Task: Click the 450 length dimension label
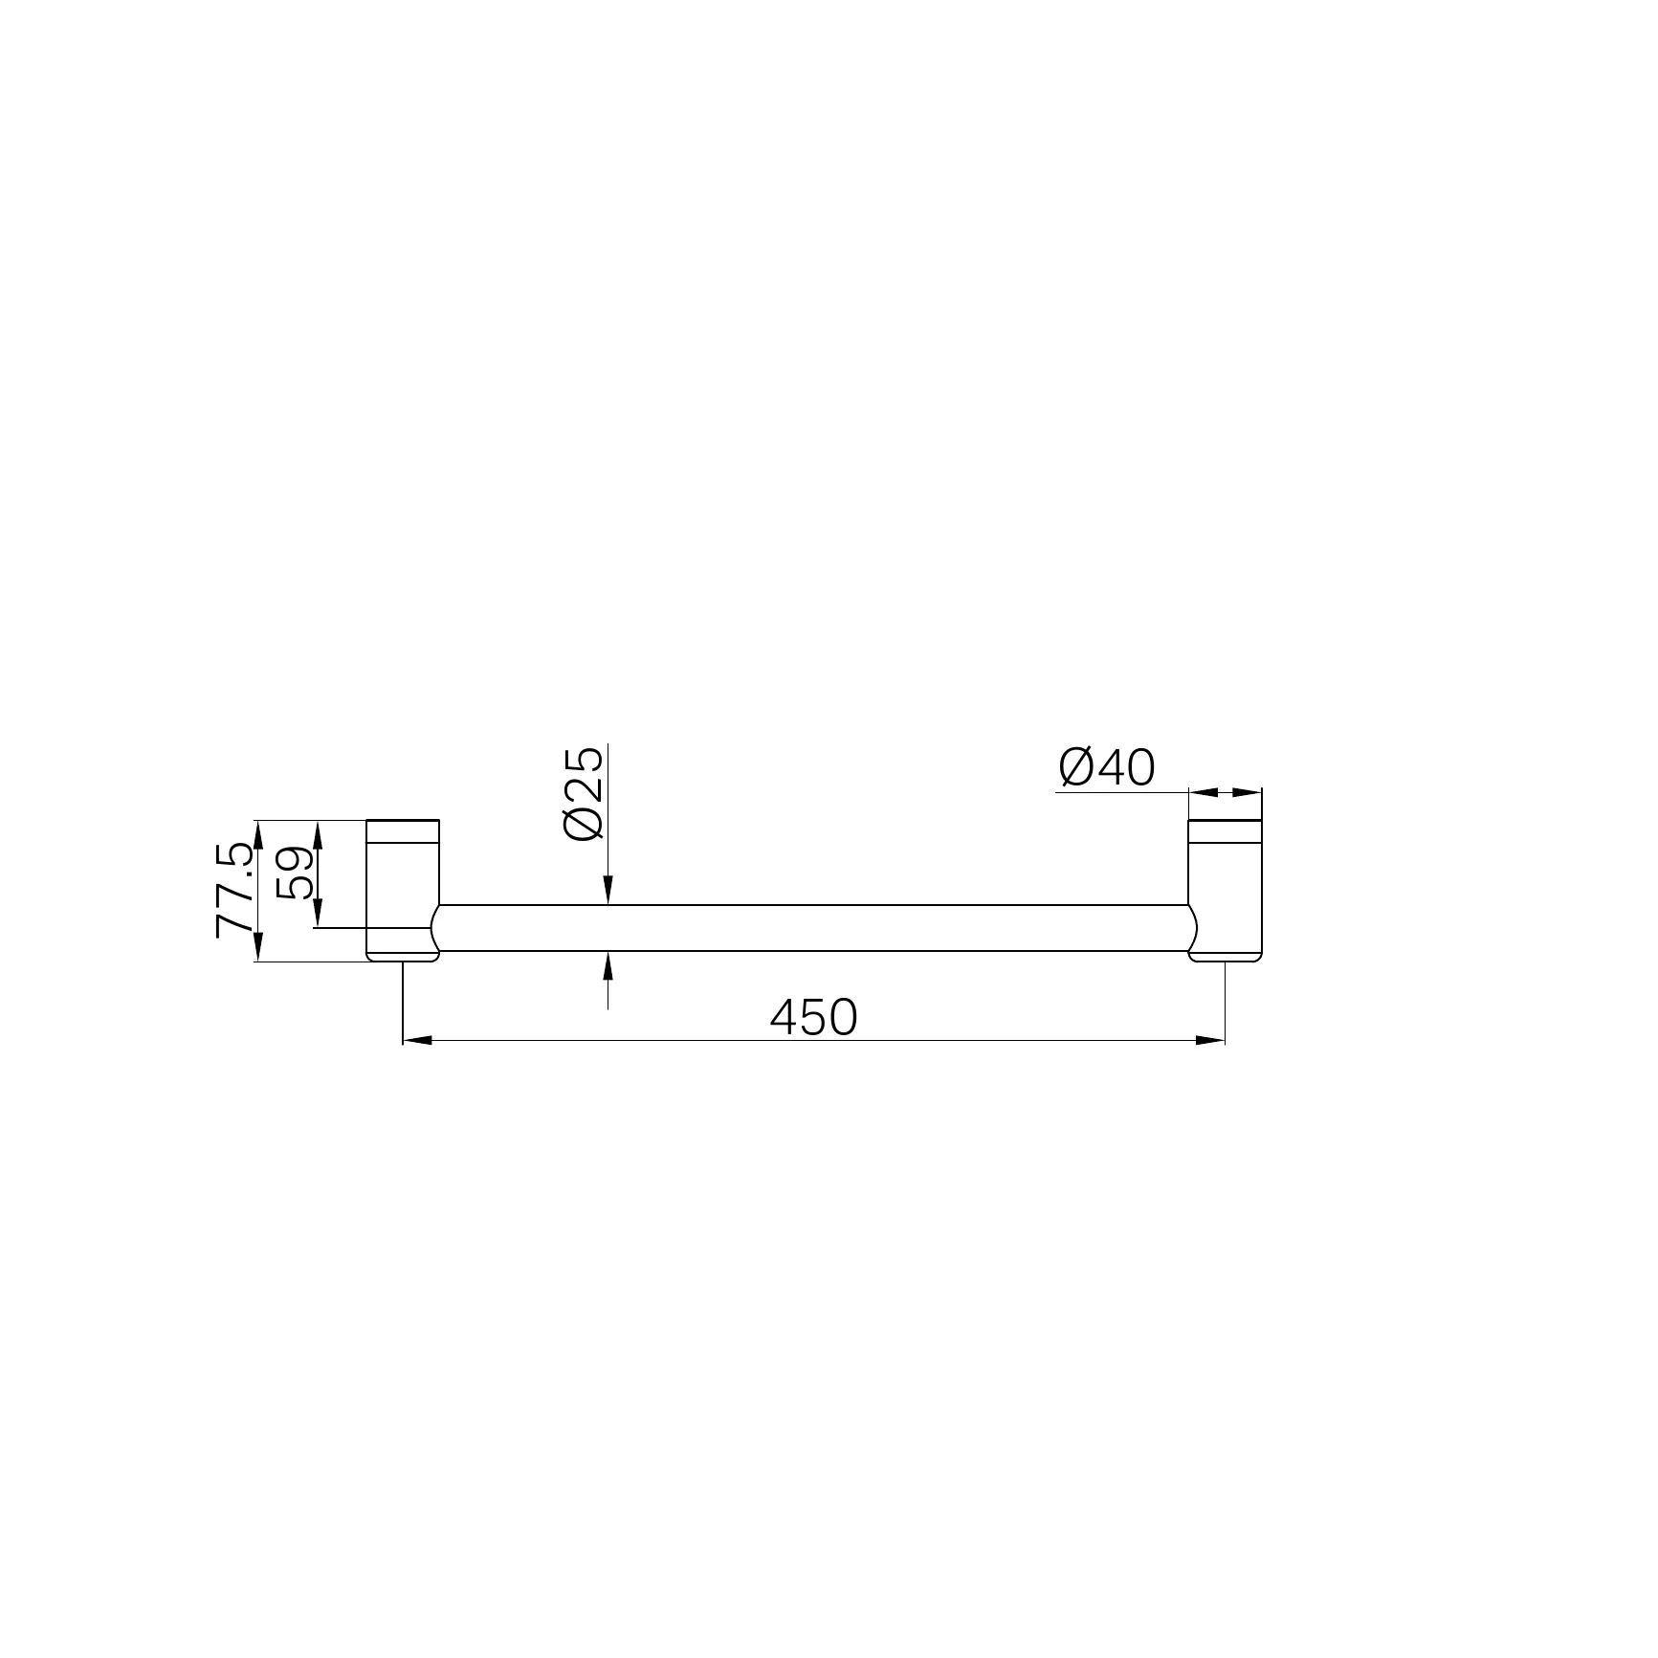(x=813, y=1017)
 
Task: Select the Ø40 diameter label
(x=1107, y=767)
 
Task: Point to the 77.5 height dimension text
(x=235, y=890)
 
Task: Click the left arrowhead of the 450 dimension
(x=417, y=1040)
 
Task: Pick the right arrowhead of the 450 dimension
(x=1211, y=1040)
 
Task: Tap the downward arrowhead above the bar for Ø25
(x=608, y=892)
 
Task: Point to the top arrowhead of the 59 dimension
(x=319, y=833)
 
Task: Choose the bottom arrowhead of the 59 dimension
(x=319, y=915)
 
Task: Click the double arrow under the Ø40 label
(x=1225, y=791)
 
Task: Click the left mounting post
(x=403, y=890)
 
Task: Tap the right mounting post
(x=1225, y=890)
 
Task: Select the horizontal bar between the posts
(x=813, y=927)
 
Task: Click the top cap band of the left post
(x=403, y=830)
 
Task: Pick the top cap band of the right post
(x=1225, y=830)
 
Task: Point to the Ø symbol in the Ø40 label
(x=1076, y=767)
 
